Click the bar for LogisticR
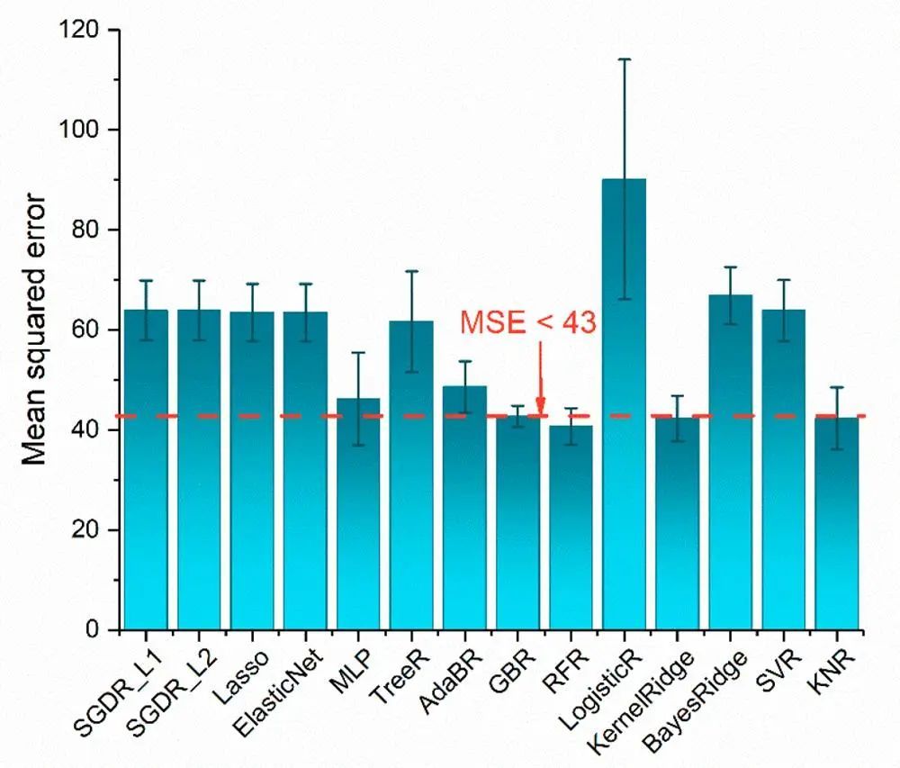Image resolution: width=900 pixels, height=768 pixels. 624,405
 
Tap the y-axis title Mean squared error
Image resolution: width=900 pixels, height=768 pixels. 34,329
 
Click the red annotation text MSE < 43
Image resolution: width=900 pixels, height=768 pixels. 528,322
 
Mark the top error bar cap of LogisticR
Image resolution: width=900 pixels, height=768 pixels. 624,59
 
